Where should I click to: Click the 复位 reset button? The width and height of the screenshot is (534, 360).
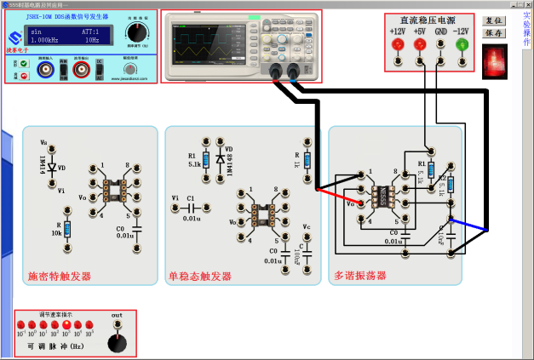click(x=494, y=20)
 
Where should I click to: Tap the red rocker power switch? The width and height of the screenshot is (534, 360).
click(x=495, y=60)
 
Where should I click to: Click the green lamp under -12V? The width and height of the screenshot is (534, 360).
click(x=462, y=43)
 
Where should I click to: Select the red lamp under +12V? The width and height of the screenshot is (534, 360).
click(x=398, y=43)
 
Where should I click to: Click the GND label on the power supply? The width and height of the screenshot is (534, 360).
click(x=440, y=31)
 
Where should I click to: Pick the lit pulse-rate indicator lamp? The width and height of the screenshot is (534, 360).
click(x=66, y=325)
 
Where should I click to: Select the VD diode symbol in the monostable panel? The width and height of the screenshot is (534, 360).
click(x=221, y=159)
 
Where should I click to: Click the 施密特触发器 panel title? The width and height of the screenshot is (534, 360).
click(x=60, y=276)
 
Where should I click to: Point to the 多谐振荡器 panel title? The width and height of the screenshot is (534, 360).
click(x=360, y=276)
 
